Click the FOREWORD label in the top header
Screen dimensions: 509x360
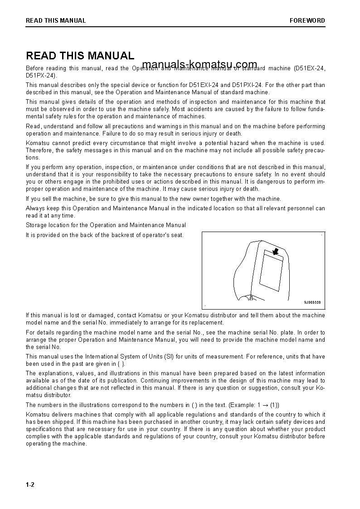(307, 20)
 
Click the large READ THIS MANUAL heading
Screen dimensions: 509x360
(80, 56)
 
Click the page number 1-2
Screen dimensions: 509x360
(30, 485)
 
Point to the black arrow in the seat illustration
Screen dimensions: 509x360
(275, 251)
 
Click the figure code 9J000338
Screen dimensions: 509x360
(312, 302)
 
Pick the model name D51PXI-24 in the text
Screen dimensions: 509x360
(247, 85)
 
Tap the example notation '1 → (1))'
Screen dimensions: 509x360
(272, 405)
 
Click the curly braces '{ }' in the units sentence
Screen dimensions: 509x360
(119, 364)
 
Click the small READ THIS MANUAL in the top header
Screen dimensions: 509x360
(56, 20)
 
